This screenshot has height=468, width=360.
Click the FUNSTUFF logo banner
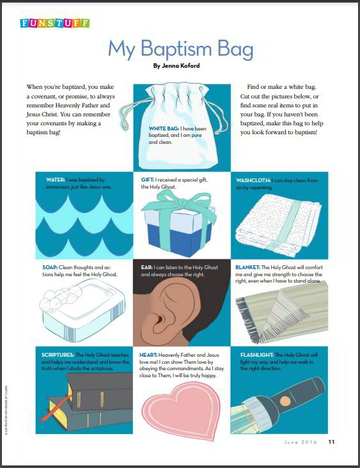(54, 23)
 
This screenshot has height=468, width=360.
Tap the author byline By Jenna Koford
(180, 65)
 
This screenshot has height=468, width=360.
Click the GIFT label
(148, 180)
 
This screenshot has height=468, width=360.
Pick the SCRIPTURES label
(58, 354)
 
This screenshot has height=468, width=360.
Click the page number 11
(331, 441)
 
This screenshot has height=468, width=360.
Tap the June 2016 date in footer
(299, 441)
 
